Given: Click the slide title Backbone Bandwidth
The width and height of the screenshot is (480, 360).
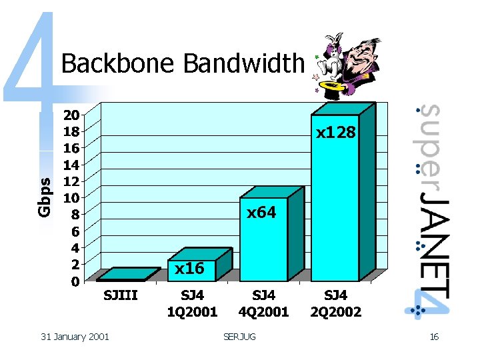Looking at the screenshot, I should click(x=182, y=64).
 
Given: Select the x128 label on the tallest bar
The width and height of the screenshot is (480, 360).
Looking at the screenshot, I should click(x=336, y=133).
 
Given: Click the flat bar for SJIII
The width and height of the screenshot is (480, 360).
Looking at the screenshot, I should click(x=128, y=274).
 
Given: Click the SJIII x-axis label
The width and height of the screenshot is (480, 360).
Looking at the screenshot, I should click(x=121, y=295).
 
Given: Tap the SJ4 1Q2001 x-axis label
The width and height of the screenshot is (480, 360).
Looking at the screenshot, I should click(x=193, y=303).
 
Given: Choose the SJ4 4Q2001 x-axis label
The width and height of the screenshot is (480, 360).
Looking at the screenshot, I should click(x=264, y=303).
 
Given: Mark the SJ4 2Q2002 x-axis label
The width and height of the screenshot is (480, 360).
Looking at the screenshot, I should click(x=335, y=303).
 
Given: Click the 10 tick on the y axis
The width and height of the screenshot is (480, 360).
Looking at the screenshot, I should click(x=71, y=197).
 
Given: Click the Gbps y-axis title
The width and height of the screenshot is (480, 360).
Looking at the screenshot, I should click(x=44, y=197).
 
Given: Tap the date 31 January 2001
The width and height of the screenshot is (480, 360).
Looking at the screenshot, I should click(x=75, y=337).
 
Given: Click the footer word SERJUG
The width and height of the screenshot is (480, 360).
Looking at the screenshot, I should click(x=239, y=337).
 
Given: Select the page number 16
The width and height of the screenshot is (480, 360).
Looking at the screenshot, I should click(x=434, y=337).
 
